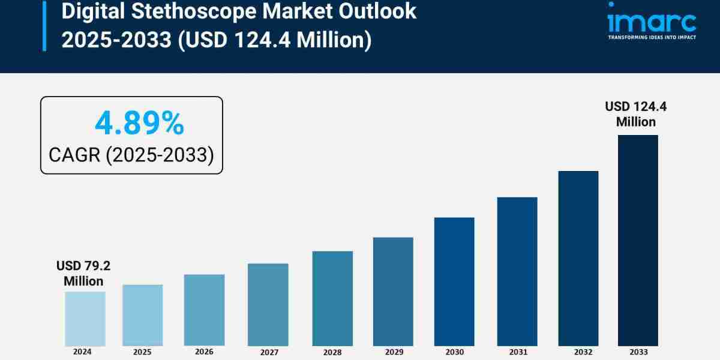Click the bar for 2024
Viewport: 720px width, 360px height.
pos(85,319)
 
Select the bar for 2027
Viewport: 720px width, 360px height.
pos(268,304)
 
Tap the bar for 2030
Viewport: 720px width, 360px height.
pos(454,281)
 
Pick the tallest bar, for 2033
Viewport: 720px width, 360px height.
pos(638,240)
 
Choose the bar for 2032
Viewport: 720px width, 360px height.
pos(578,258)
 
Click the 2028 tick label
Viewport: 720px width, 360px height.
pos(332,352)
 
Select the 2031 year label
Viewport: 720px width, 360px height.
pos(517,352)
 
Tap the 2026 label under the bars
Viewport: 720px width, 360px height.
pos(204,352)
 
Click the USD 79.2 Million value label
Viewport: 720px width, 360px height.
pos(84,273)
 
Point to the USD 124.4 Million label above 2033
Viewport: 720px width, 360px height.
pos(635,114)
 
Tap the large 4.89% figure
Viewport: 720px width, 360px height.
pos(139,124)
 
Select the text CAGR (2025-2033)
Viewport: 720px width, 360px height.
pos(131,155)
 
